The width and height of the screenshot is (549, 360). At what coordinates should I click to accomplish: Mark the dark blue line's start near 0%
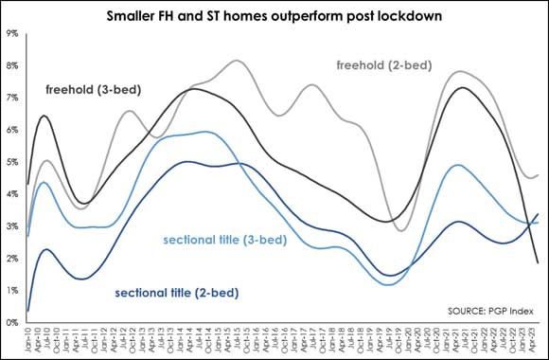[28, 310]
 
